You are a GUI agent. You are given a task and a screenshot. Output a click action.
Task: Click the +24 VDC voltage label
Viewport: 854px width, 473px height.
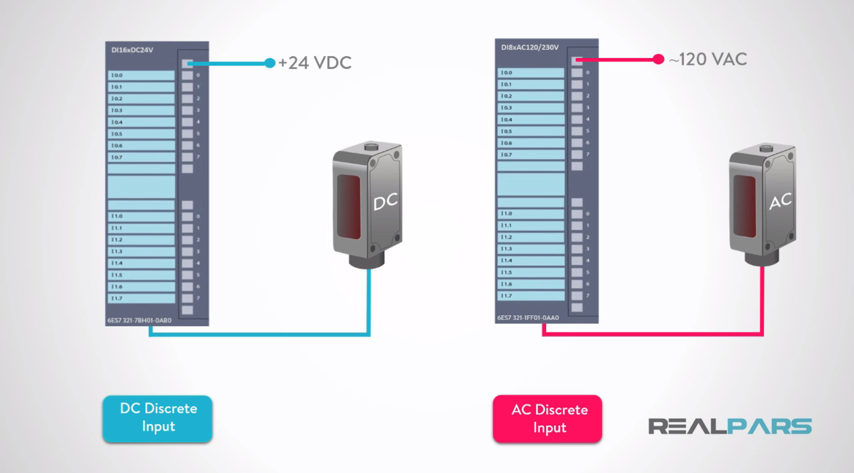click(315, 63)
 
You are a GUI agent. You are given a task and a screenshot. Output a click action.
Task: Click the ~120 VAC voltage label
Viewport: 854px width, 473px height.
click(708, 59)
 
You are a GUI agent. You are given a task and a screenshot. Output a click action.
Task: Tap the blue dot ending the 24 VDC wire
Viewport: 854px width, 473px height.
click(269, 63)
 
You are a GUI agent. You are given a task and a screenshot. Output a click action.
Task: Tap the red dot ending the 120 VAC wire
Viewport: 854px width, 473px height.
click(658, 59)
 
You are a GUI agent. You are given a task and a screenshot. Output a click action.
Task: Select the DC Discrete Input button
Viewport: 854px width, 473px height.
click(158, 418)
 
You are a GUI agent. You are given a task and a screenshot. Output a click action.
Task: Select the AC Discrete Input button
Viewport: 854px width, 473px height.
click(548, 418)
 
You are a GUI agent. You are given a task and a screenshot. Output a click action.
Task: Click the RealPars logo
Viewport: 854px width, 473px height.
click(730, 426)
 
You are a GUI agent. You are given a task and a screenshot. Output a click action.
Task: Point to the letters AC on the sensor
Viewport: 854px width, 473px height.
click(780, 201)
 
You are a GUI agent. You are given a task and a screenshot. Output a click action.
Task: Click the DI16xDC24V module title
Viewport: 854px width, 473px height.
click(132, 50)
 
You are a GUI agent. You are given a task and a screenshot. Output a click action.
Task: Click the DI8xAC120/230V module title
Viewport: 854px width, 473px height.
click(529, 47)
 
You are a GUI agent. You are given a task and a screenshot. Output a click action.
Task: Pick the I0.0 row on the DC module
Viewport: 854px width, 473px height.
click(141, 75)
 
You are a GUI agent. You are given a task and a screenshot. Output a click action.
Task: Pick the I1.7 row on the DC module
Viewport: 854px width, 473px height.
click(141, 298)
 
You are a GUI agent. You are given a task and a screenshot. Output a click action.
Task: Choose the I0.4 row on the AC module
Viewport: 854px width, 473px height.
click(531, 119)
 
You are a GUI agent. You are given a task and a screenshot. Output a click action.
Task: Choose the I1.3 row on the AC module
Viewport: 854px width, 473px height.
click(531, 249)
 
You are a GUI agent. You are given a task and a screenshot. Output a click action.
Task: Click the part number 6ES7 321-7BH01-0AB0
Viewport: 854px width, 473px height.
click(139, 320)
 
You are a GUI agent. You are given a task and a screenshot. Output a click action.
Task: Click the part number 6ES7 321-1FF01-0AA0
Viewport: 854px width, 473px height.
click(528, 317)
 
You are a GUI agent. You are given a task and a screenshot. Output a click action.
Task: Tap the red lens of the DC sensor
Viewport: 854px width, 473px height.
click(349, 207)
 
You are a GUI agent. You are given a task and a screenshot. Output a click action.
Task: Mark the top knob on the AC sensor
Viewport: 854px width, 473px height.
click(766, 148)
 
